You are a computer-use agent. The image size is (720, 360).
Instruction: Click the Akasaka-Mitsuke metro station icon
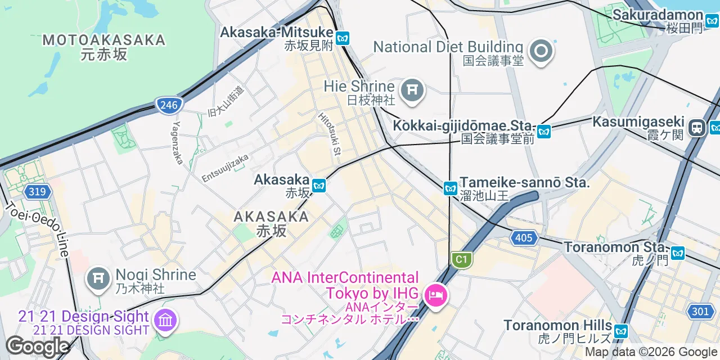[343, 38]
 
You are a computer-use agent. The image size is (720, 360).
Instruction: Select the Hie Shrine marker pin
[412, 90]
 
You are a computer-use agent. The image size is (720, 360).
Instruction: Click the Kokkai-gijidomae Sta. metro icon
[543, 132]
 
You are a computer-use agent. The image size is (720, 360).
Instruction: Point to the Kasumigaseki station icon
[698, 127]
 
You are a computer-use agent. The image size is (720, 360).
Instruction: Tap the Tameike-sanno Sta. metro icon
[450, 188]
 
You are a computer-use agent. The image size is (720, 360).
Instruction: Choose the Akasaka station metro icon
[319, 185]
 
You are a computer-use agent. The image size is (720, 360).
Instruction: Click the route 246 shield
[168, 105]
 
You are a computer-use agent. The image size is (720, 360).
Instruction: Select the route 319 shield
[37, 192]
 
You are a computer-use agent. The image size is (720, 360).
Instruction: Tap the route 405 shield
[523, 238]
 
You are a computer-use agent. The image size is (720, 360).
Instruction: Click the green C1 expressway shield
[461, 259]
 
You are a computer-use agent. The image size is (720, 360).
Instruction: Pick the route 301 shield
[700, 311]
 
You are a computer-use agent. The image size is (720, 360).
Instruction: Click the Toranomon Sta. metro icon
[677, 253]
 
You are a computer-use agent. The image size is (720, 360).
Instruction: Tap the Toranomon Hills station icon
[621, 331]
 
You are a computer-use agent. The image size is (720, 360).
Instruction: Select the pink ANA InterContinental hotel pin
[435, 295]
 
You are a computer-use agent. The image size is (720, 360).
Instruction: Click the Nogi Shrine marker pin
[98, 278]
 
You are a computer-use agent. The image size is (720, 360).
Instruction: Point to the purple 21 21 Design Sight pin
[165, 321]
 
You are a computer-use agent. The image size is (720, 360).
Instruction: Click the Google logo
[37, 346]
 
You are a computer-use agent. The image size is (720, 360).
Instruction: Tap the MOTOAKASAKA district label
[105, 40]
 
